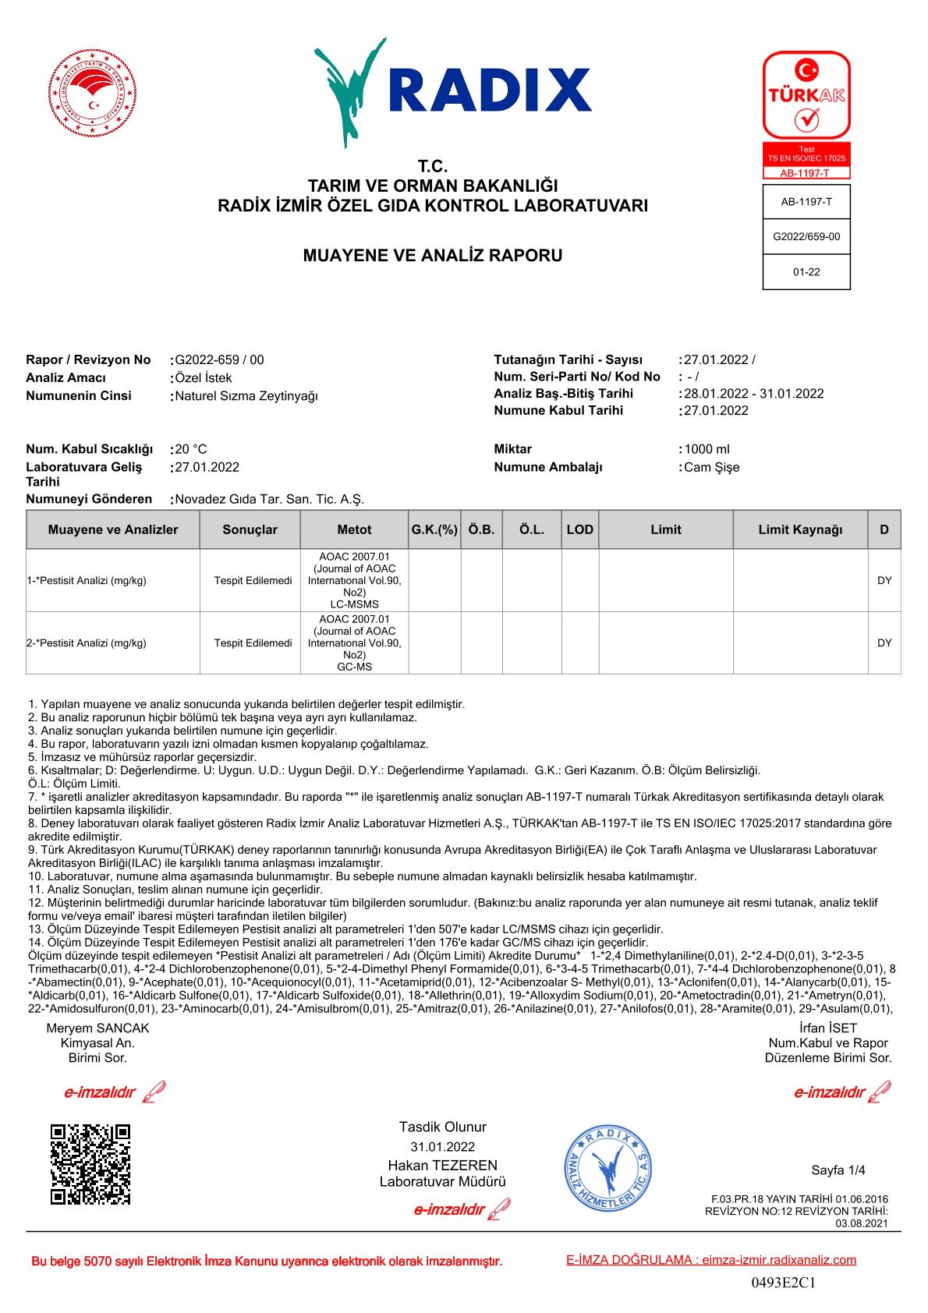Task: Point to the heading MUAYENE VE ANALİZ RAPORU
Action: pyautogui.click(x=432, y=255)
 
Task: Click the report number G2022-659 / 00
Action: pyautogui.click(x=220, y=360)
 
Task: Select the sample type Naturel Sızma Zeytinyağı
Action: pyautogui.click(x=246, y=396)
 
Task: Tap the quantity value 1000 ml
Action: pyautogui.click(x=707, y=449)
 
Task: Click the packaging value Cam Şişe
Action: pyautogui.click(x=711, y=468)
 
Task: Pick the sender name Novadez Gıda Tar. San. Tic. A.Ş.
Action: pyautogui.click(x=270, y=499)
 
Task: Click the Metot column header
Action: pyautogui.click(x=354, y=530)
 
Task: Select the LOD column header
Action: pyautogui.click(x=580, y=530)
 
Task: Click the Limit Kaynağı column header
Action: pyautogui.click(x=800, y=530)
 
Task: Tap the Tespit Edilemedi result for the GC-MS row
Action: pyautogui.click(x=253, y=643)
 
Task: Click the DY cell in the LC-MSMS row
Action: pyautogui.click(x=884, y=581)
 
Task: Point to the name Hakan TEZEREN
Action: pyautogui.click(x=442, y=1165)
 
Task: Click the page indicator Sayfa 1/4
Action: pyautogui.click(x=838, y=1170)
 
